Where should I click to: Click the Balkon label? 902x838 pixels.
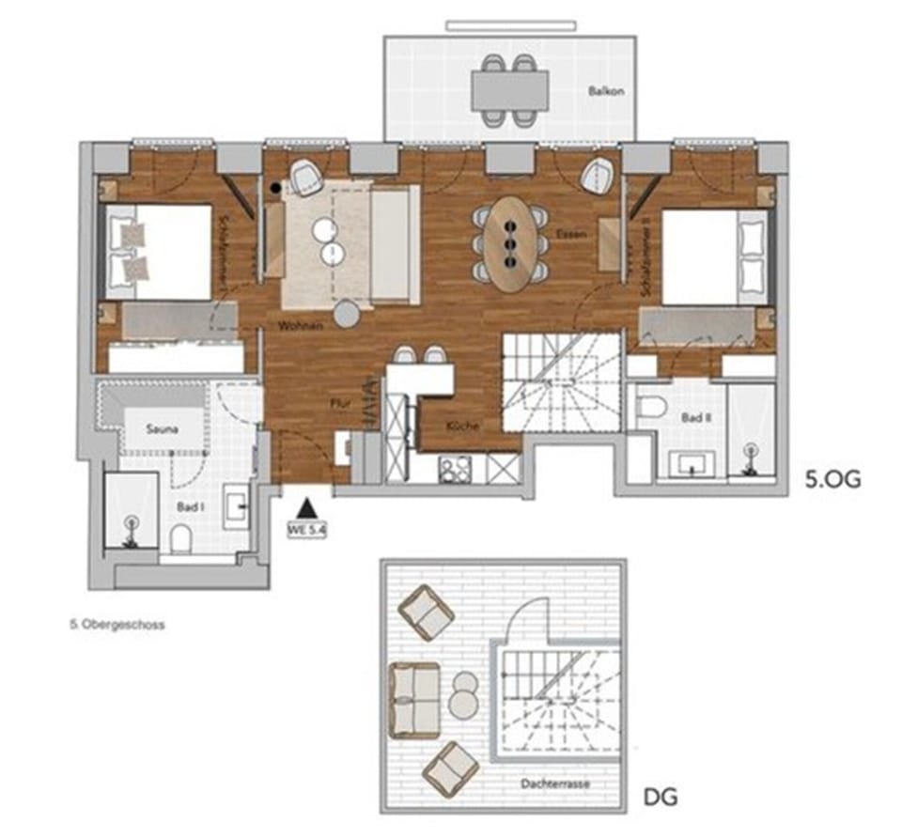tap(606, 92)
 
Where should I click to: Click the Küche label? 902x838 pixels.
tap(464, 426)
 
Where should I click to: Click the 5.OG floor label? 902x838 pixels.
tap(833, 480)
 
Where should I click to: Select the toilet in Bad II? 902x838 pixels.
tap(650, 407)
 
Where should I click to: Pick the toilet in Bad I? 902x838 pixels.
tap(181, 538)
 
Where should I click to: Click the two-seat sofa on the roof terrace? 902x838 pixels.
tap(414, 699)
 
